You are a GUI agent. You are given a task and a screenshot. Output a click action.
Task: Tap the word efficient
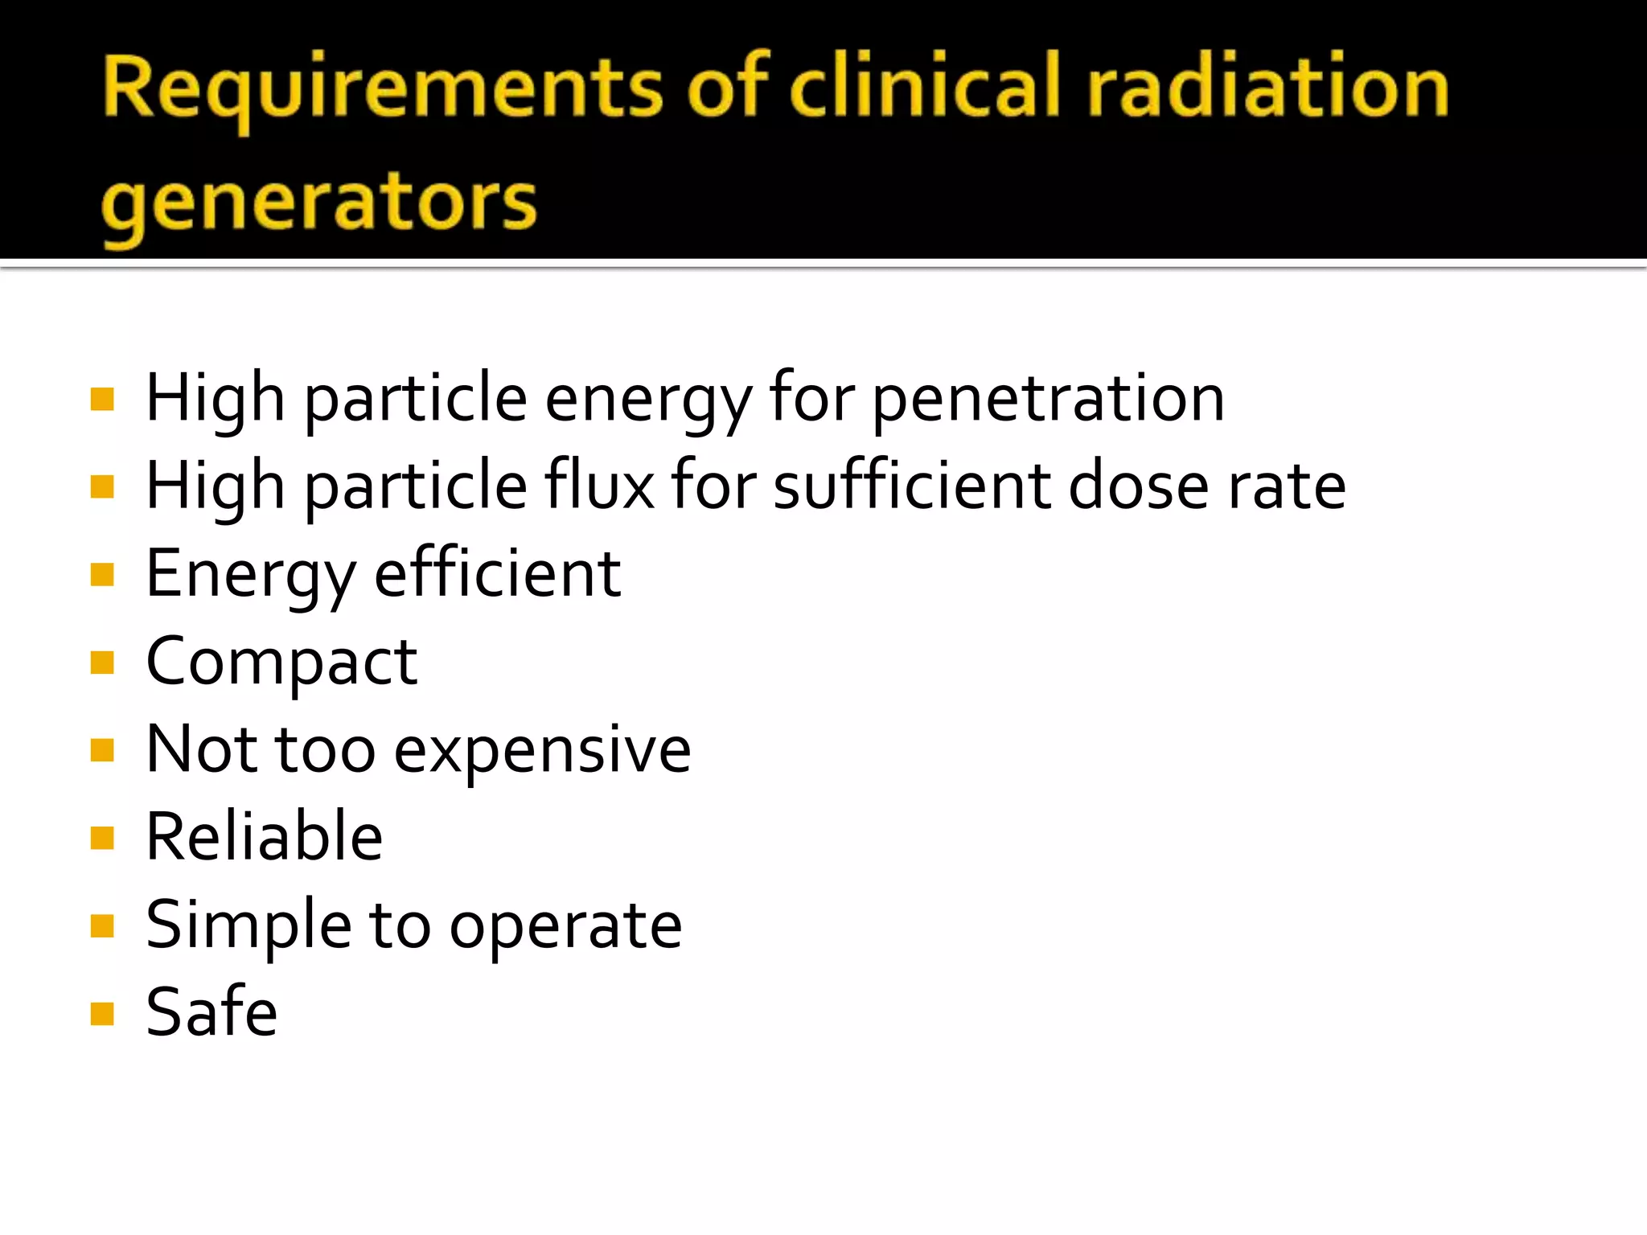498,574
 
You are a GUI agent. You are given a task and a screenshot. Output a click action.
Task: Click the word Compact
281,663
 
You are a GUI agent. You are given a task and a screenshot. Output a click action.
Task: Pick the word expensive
542,751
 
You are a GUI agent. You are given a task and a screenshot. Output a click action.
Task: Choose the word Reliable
264,837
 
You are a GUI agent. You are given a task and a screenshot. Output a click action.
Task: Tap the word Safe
212,1012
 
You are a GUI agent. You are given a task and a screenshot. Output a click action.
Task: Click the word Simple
248,925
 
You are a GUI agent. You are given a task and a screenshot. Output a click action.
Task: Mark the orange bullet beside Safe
102,1014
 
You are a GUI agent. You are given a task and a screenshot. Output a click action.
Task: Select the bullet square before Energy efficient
102,575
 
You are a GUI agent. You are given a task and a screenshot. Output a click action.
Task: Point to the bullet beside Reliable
102,839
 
